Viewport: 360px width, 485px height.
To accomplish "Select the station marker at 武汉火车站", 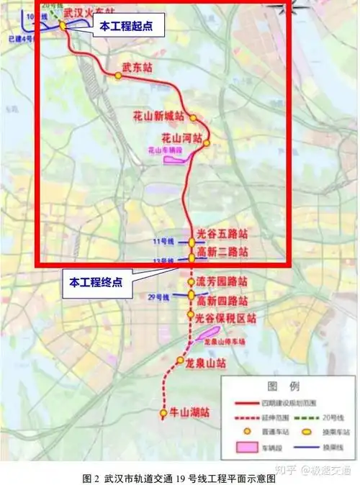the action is [x=63, y=24].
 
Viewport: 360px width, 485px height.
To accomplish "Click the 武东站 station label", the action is [x=137, y=68].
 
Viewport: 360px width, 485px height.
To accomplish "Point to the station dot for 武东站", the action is [x=118, y=75].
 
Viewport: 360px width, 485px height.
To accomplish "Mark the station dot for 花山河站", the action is [x=207, y=142].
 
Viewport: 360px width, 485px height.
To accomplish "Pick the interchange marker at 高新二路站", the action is [x=192, y=257].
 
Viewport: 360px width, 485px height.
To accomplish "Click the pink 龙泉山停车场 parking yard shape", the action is [x=207, y=332].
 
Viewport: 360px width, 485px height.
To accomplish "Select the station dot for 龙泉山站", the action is [x=179, y=361].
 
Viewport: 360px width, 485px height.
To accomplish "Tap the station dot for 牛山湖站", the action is [x=163, y=413].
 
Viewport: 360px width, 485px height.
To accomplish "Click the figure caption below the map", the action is [x=179, y=477].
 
